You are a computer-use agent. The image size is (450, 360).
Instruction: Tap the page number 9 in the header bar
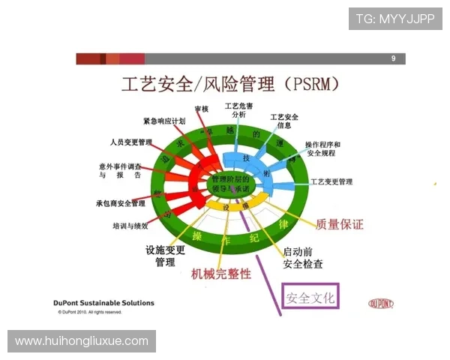tap(393, 58)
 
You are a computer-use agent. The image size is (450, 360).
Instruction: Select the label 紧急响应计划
tap(164, 121)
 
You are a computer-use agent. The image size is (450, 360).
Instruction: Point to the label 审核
tap(201, 109)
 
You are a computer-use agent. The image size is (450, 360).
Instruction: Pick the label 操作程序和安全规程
tap(322, 148)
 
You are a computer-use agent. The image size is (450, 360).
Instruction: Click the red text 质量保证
tap(340, 223)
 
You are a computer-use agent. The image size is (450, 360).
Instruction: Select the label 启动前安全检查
tap(303, 257)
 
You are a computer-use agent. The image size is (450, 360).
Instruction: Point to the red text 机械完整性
tap(221, 274)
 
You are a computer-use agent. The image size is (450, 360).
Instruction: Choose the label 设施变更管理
tap(165, 256)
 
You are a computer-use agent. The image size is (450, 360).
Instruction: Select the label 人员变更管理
tap(130, 142)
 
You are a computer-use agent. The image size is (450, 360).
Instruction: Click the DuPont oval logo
tap(381, 304)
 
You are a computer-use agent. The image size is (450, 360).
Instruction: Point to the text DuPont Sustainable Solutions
tap(104, 303)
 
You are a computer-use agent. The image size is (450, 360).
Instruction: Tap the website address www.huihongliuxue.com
tap(82, 341)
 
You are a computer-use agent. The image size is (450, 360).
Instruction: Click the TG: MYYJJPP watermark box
tap(395, 19)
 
